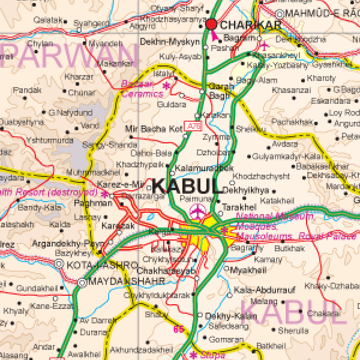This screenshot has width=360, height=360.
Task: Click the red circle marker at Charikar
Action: pyautogui.click(x=211, y=24)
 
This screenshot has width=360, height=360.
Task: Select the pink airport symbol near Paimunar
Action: pyautogui.click(x=197, y=211)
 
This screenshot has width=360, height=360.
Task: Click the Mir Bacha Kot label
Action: pyautogui.click(x=153, y=128)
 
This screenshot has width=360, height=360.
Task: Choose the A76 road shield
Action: pyautogui.click(x=194, y=127)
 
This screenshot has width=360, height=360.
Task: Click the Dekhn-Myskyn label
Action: pyautogui.click(x=169, y=43)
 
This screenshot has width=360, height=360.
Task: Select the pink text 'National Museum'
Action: pyautogui.click(x=275, y=217)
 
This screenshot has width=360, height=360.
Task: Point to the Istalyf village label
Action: pyautogui.click(x=163, y=73)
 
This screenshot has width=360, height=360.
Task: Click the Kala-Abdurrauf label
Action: pyautogui.click(x=265, y=290)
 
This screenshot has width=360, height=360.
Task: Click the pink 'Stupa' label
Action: pyautogui.click(x=213, y=355)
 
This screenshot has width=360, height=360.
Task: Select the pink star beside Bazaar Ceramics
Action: pyautogui.click(x=166, y=86)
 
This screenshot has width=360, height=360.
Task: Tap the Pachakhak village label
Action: pyautogui.click(x=292, y=122)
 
